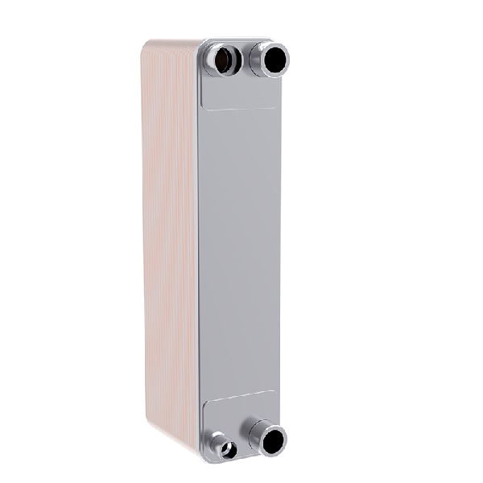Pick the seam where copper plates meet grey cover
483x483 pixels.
(x=197, y=242)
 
